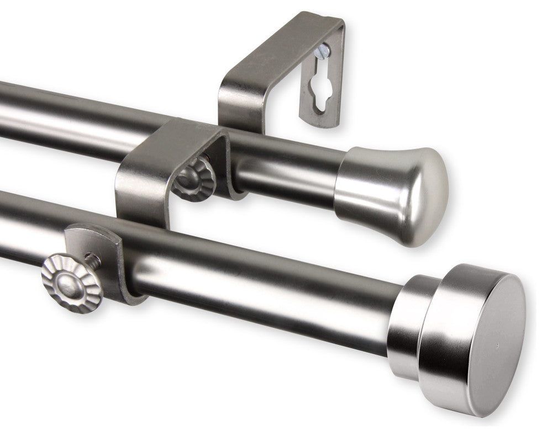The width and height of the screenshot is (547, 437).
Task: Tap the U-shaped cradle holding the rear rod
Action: (x=166, y=160)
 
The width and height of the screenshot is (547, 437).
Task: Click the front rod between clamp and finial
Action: (x=265, y=287)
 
